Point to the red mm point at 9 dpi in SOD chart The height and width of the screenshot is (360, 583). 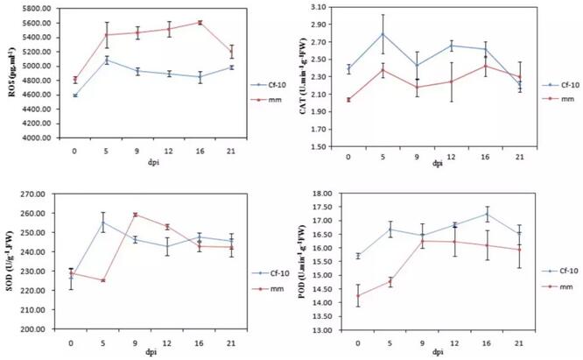tap(137, 215)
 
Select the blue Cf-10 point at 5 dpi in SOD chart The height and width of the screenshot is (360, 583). tap(104, 222)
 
